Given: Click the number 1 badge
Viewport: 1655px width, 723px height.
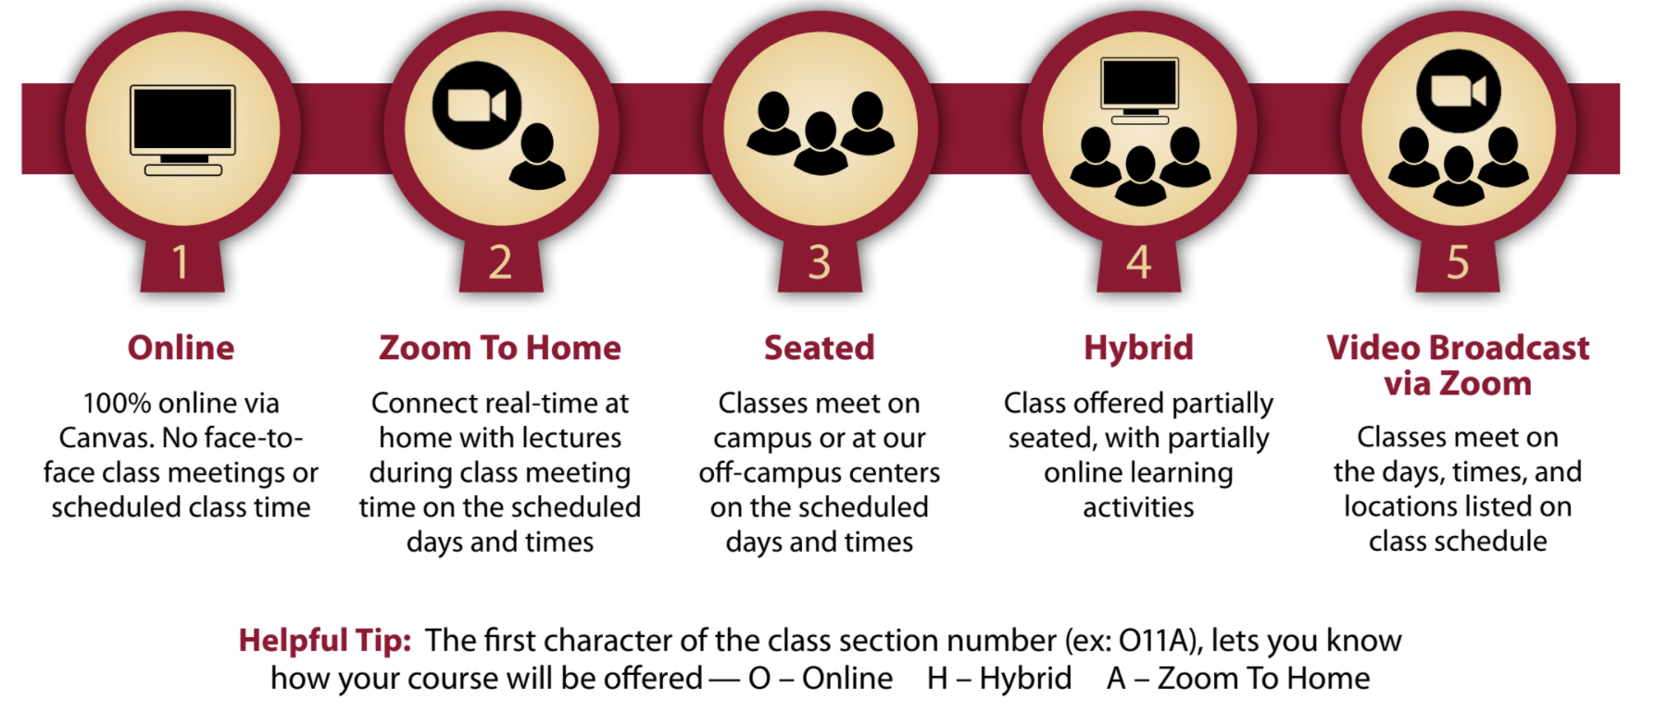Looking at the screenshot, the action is point(182,264).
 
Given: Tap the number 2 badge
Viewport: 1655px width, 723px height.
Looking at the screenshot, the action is point(500,264).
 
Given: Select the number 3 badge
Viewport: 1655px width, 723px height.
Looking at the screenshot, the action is point(820,264).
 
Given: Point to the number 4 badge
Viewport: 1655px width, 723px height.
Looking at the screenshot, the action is point(1138,264).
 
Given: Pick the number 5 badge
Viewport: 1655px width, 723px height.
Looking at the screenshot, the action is point(1458,264).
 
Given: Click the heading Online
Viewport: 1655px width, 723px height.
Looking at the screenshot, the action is point(182,348).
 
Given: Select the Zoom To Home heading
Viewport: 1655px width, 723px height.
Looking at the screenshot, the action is point(500,348).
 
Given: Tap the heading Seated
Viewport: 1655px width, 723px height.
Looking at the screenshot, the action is point(820,348).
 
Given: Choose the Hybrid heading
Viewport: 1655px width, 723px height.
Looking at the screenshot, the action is point(1138,348).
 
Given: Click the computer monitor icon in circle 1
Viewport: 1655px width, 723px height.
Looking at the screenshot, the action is point(182,130).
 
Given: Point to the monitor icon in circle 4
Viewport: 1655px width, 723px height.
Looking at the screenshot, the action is point(1139,90).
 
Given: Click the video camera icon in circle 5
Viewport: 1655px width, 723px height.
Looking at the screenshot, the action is point(1459,91).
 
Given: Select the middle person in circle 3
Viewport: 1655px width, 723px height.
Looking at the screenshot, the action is point(821,143).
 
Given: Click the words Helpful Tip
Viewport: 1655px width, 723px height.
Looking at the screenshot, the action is point(325,641).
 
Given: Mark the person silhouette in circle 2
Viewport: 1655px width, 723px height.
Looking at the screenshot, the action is point(538,157).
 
